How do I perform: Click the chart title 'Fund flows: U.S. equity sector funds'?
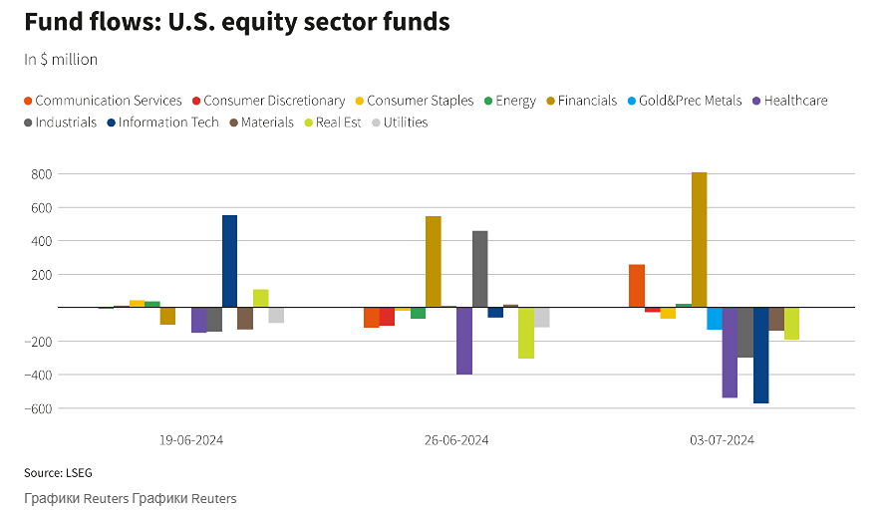pos(236,21)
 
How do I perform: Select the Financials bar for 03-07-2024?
pos(699,240)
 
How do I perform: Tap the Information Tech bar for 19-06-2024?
pos(229,261)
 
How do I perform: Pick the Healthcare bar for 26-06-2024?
pos(463,341)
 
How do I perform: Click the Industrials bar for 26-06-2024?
pos(479,269)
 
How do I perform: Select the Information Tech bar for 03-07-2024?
pos(760,356)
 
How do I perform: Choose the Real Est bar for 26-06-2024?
pos(525,333)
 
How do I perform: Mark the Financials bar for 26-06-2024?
pos(433,262)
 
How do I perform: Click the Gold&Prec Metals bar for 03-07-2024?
pos(714,319)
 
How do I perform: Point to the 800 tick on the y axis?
pos(41,174)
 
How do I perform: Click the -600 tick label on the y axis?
pos(38,408)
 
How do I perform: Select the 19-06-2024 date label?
pos(192,440)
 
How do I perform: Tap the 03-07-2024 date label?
pos(722,440)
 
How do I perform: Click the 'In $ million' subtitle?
pos(61,60)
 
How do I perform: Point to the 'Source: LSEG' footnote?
pos(58,472)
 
